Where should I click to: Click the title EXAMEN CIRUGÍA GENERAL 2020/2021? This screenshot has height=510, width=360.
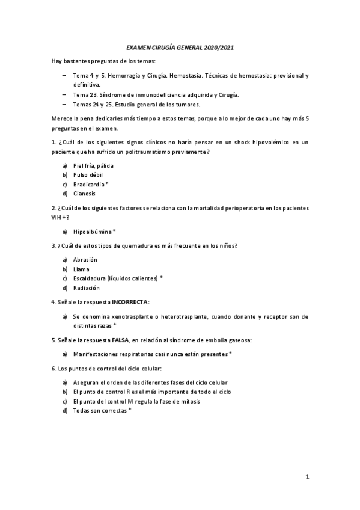tap(180, 47)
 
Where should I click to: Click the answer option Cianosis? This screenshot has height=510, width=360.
tap(84, 194)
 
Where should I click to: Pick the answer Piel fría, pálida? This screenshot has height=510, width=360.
tap(93, 165)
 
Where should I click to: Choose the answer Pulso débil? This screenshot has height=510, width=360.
tap(87, 174)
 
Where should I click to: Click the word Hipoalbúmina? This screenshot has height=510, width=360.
tap(91, 232)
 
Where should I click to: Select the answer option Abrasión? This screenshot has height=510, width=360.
tap(85, 260)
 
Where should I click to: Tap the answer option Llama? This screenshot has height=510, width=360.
tap(81, 269)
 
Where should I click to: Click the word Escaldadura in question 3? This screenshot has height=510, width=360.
tap(89, 278)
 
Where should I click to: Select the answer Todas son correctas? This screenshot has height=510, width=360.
tap(98, 410)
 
